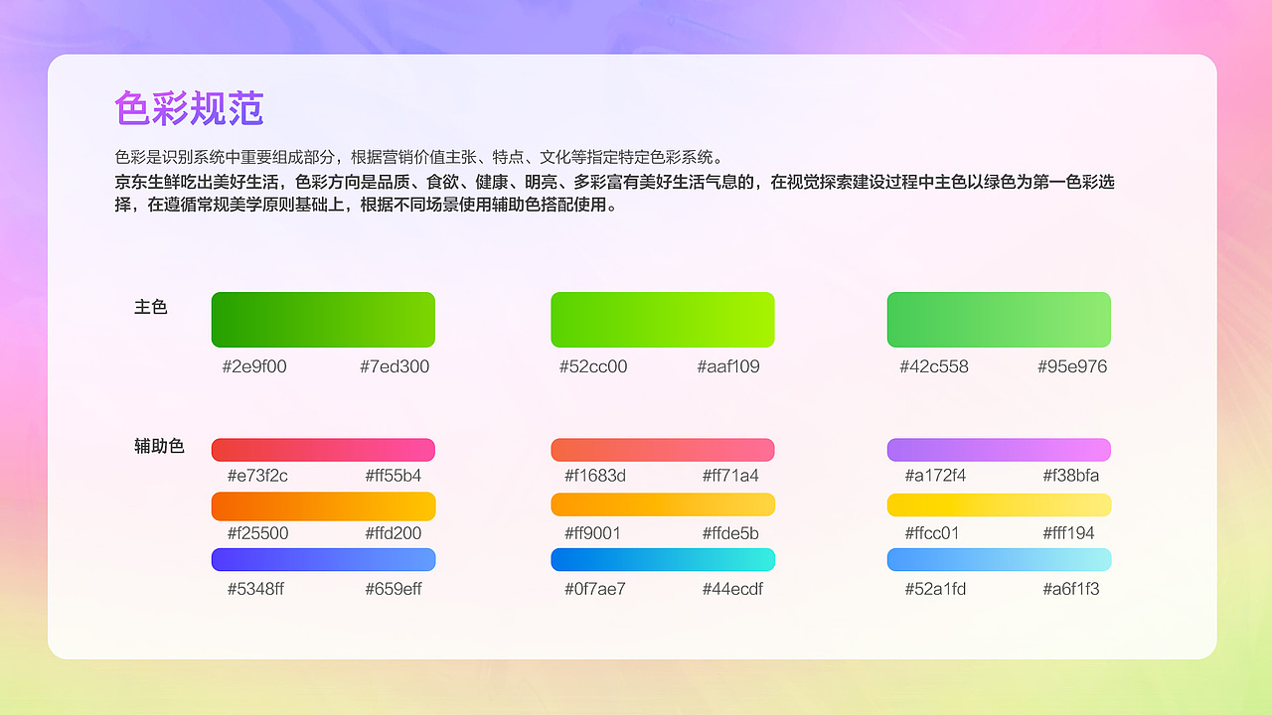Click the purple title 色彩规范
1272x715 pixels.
(x=189, y=108)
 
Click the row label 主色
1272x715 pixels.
(x=151, y=308)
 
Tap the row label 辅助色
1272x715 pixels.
(x=160, y=447)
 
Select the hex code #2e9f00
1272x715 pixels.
(x=254, y=366)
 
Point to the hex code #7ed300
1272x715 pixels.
(x=395, y=366)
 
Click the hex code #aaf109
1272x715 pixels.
(x=728, y=366)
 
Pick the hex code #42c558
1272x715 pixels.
(x=934, y=366)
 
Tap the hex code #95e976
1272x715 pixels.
(x=1072, y=366)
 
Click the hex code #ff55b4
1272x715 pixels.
(x=394, y=476)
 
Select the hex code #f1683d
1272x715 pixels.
(x=595, y=476)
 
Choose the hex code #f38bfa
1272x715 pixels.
(x=1071, y=476)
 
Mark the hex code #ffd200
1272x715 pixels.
(x=394, y=533)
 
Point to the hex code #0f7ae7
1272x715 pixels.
(x=595, y=589)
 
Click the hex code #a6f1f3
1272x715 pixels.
(x=1071, y=589)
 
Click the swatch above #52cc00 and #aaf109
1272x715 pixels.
(x=663, y=320)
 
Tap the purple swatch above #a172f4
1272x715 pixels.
(x=999, y=450)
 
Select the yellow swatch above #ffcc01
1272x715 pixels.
(x=999, y=505)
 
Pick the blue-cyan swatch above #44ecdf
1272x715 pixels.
(x=663, y=560)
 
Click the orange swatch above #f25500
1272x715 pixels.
(x=323, y=506)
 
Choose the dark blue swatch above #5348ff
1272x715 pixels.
(x=323, y=560)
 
